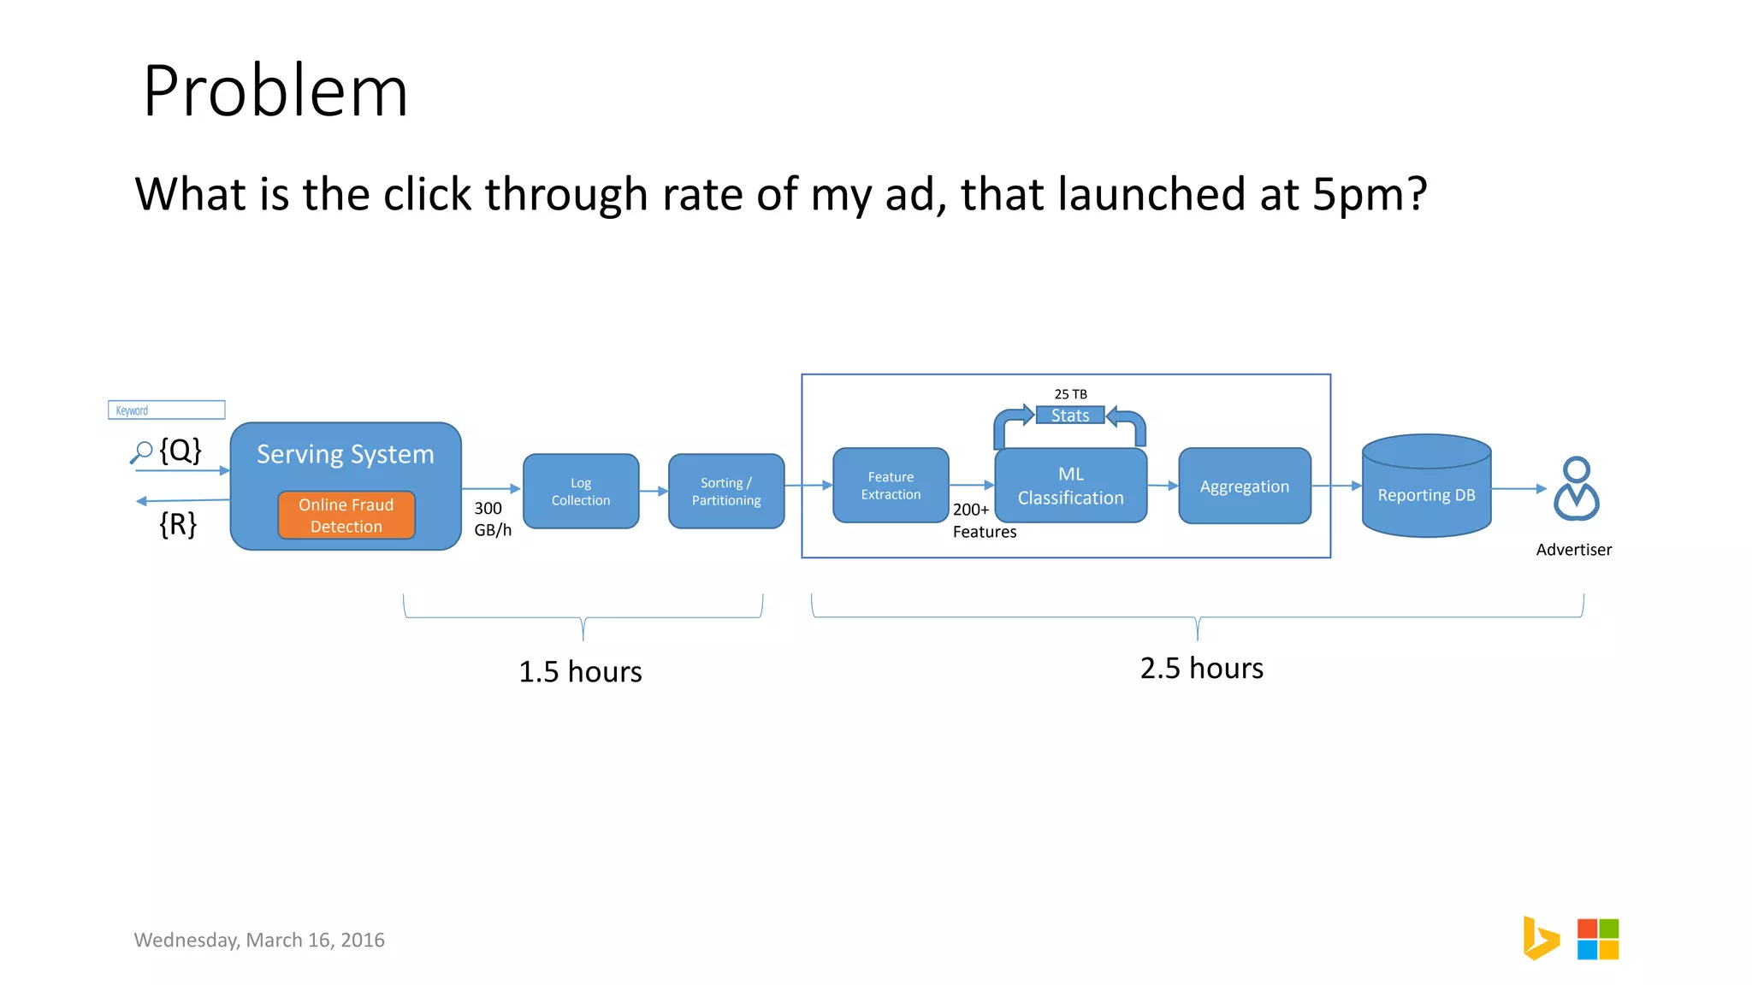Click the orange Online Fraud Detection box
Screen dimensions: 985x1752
pos(346,516)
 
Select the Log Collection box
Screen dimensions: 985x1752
pos(581,492)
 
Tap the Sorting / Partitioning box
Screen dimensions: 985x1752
pos(726,492)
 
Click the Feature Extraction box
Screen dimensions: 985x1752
pos(891,486)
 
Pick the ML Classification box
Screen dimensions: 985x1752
pos(1070,487)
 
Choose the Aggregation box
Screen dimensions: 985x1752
pos(1244,487)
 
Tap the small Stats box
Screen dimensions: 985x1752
pos(1070,416)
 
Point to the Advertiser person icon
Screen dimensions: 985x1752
pos(1576,489)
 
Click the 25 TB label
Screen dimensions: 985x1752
pos(1070,394)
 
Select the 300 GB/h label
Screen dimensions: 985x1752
pos(492,519)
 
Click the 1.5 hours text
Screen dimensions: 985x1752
pos(580,672)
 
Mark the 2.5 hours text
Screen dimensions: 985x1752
pos(1201,669)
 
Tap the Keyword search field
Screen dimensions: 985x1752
pos(167,410)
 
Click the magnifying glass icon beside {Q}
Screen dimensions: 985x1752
pos(141,451)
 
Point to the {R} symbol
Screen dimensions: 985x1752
pos(178,523)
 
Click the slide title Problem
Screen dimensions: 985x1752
pos(275,91)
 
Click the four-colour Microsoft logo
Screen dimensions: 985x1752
pos(1597,939)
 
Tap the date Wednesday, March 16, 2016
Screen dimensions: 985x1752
pos(259,940)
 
